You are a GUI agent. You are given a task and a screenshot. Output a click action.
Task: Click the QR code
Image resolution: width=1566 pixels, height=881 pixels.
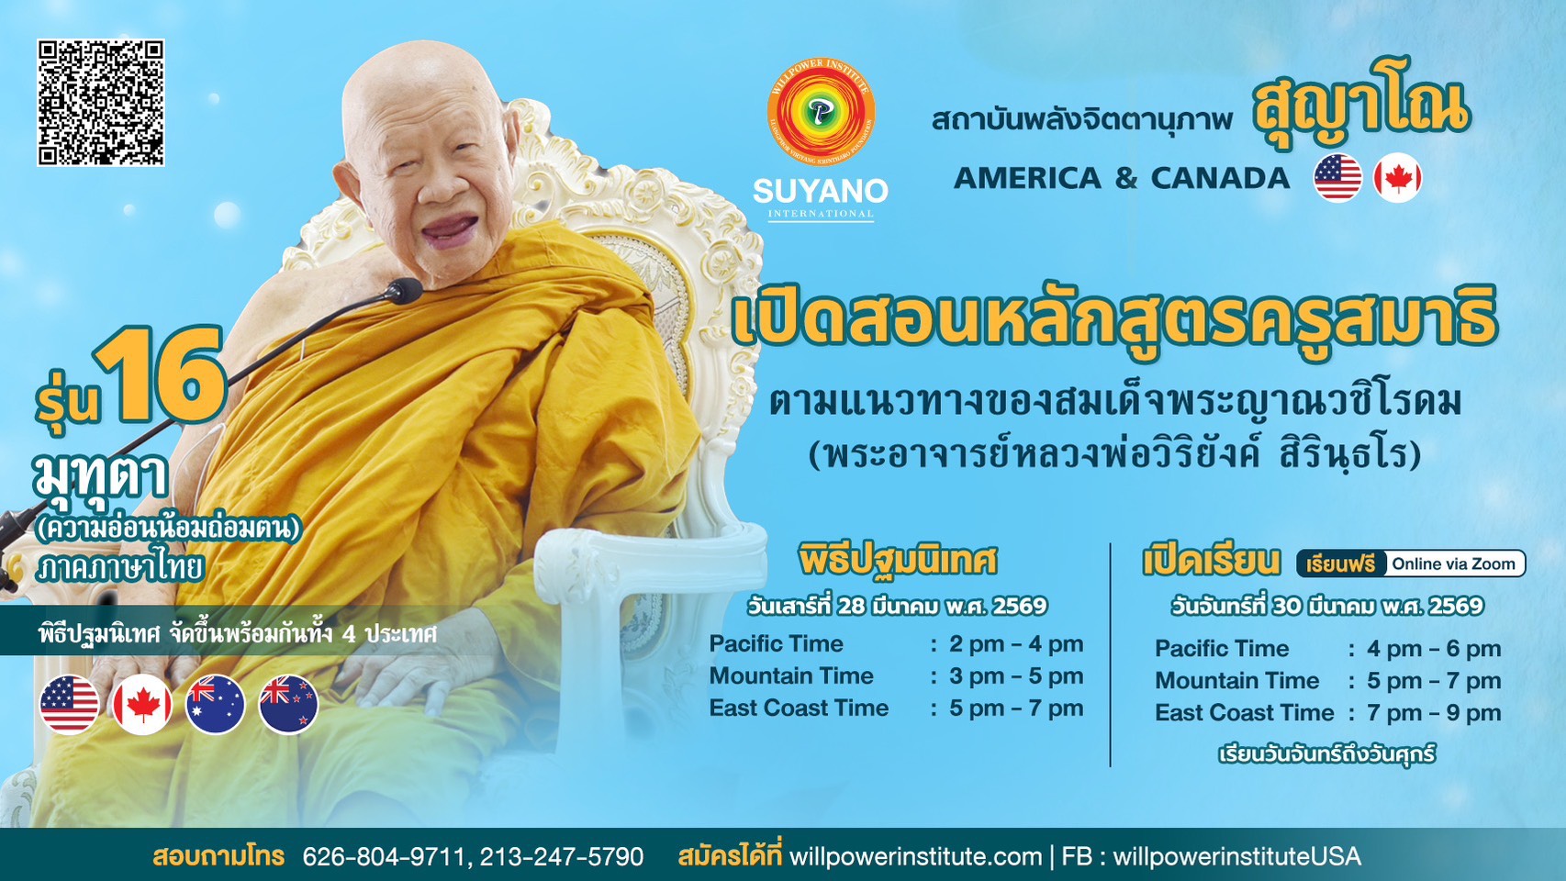(101, 103)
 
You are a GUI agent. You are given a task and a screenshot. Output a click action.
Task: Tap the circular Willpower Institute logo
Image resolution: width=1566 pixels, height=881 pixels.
(821, 112)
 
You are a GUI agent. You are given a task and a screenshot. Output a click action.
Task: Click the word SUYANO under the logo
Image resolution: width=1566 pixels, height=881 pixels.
(821, 191)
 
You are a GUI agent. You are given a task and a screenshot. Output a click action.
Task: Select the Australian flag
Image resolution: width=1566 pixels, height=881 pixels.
(216, 704)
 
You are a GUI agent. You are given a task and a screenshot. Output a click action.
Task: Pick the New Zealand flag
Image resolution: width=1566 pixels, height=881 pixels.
(288, 704)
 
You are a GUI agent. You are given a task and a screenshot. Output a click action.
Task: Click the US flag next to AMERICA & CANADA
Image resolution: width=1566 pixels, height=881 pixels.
(1338, 178)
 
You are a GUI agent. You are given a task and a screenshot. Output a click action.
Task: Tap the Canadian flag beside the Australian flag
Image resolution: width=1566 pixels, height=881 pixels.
(142, 704)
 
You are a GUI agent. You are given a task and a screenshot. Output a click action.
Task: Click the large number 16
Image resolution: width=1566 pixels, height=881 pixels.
(161, 374)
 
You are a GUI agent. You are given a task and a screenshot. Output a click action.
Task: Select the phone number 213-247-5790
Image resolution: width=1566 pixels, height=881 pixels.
(562, 856)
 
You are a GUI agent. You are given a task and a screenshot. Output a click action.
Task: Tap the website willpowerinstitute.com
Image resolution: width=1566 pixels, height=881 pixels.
(915, 856)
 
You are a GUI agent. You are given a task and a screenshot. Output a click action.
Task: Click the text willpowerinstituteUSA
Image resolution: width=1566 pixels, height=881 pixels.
(1236, 856)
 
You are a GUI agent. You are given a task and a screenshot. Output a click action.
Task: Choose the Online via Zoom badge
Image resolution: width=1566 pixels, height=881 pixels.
(1454, 563)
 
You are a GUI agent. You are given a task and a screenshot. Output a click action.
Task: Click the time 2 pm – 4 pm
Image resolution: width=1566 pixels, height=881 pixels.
(1016, 644)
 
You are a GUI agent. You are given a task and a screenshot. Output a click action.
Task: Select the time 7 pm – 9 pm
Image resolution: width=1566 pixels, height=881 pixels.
(1434, 712)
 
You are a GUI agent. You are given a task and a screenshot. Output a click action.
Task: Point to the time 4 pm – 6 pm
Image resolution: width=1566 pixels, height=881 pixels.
(1434, 648)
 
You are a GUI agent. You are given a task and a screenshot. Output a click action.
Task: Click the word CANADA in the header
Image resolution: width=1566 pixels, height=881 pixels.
(1220, 178)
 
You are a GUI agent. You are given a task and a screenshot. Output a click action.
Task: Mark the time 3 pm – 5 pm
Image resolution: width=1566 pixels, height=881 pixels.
(1016, 676)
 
